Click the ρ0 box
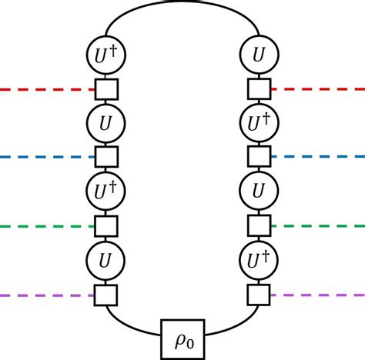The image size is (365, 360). click(182, 338)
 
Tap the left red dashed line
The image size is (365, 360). click(46, 90)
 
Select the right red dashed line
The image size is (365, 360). click(317, 90)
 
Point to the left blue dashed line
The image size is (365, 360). click(46, 157)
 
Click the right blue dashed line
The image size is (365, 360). click(317, 157)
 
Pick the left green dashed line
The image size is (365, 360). click(46, 226)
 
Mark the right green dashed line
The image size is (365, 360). click(317, 226)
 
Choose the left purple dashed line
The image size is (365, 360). click(46, 295)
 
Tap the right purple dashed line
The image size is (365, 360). click(317, 295)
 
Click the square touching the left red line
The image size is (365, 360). click(105, 90)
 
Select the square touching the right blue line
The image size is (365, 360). click(260, 157)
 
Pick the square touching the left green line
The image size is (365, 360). click(105, 226)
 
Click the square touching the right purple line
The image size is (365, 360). click(260, 295)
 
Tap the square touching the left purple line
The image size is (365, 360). click(105, 295)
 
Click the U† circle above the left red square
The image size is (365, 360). click(105, 55)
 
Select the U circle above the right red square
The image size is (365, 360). click(260, 55)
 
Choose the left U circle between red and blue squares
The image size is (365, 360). click(105, 123)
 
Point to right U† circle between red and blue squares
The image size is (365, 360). click(260, 123)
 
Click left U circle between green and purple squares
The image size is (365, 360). click(105, 260)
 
